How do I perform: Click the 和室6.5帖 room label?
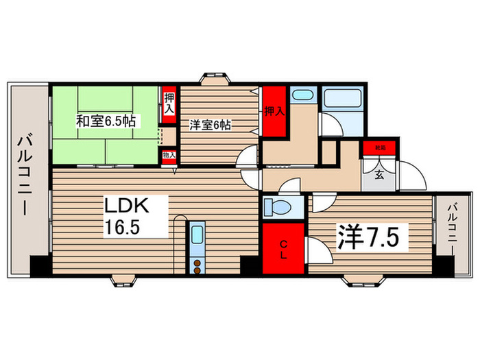[x=106, y=121]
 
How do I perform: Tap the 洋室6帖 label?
[x=210, y=125]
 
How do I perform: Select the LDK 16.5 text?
[x=136, y=215]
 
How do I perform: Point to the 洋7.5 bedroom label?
[x=370, y=238]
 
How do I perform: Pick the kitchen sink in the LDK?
[x=197, y=236]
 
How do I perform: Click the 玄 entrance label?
[x=379, y=173]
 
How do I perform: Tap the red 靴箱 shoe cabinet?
[x=379, y=147]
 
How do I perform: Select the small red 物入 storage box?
[x=169, y=155]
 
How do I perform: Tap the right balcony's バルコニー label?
[x=451, y=233]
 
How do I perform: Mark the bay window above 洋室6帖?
[x=215, y=77]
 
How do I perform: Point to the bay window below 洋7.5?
[x=362, y=279]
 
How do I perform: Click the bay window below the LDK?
[x=125, y=279]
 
